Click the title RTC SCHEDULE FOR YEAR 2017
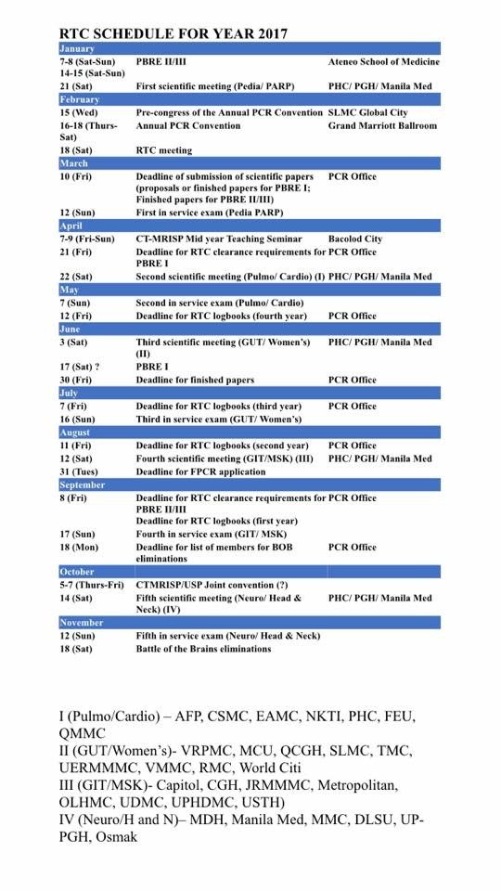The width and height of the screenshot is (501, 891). tap(173, 33)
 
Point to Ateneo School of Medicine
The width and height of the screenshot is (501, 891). tap(383, 61)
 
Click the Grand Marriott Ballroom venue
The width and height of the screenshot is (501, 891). tap(382, 125)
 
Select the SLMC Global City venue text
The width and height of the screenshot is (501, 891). tap(368, 112)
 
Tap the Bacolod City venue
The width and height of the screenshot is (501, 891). tap(355, 239)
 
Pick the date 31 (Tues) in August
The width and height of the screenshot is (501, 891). tap(82, 471)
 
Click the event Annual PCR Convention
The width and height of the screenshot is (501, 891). tap(188, 125)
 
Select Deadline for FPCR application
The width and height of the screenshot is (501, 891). tap(202, 471)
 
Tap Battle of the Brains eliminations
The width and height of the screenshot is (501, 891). tap(203, 649)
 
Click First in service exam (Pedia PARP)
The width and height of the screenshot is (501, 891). tap(209, 213)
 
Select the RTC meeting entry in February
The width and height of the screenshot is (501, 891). tap(164, 150)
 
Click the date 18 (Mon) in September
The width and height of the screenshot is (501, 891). tap(81, 547)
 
